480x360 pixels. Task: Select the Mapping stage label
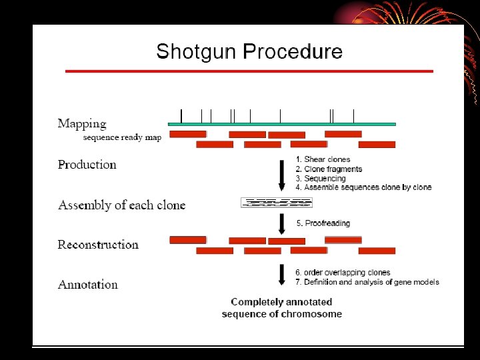click(82, 123)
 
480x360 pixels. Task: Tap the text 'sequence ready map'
click(122, 137)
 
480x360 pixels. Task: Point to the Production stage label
click(87, 165)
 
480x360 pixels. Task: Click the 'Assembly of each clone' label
click(121, 205)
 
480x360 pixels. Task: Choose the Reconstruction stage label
click(98, 245)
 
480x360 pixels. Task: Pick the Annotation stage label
click(87, 285)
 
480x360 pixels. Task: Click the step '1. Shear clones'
click(323, 159)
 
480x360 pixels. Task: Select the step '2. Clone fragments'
click(329, 169)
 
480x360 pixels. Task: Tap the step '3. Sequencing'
click(321, 179)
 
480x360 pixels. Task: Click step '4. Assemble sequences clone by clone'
click(363, 188)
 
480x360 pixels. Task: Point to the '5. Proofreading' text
click(323, 223)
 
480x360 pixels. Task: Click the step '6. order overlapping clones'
click(343, 273)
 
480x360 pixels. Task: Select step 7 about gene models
click(367, 282)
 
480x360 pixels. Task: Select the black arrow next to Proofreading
click(281, 223)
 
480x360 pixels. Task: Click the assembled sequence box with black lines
click(276, 203)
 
